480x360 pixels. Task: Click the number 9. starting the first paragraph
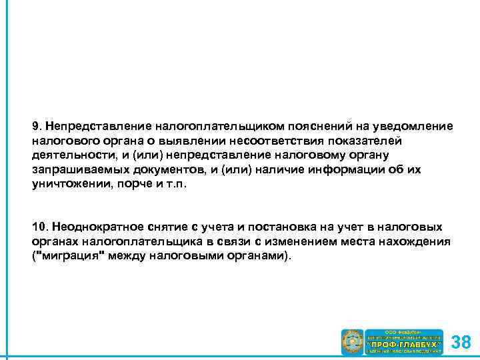pos(37,126)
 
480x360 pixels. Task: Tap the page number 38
pos(461,343)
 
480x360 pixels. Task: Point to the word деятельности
pos(68,155)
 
